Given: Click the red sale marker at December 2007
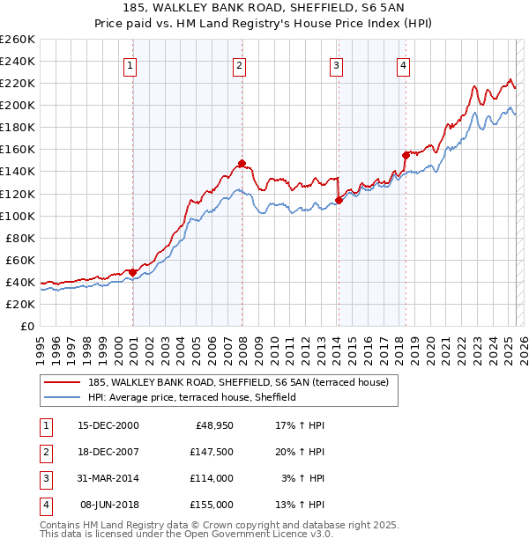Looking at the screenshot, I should click(x=242, y=163).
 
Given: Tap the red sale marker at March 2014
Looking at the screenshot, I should click(x=339, y=200).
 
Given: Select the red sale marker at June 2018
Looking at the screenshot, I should click(x=406, y=155).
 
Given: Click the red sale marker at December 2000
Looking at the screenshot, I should click(x=132, y=272).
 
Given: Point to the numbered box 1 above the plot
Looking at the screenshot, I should click(x=130, y=64).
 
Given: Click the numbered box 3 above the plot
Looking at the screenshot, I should click(x=336, y=64).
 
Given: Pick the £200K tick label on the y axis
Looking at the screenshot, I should click(x=18, y=105).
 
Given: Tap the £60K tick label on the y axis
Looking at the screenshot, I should click(x=20, y=260).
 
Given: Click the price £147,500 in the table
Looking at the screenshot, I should click(x=212, y=452).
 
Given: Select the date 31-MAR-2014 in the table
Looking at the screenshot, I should click(x=108, y=478).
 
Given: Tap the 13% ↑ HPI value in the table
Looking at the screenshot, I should click(x=301, y=505).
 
